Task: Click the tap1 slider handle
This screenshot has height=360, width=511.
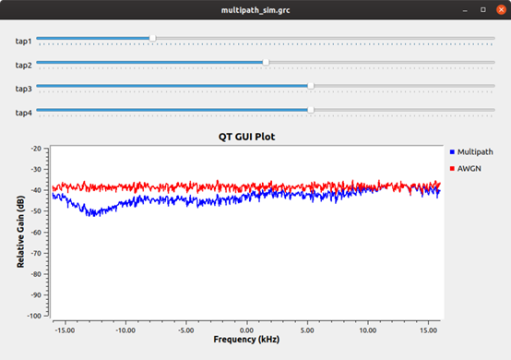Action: point(152,39)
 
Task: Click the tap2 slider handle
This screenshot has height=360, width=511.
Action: point(266,62)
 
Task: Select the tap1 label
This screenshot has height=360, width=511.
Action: point(23,42)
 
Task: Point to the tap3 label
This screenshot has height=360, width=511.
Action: point(23,89)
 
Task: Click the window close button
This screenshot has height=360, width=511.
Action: point(500,8)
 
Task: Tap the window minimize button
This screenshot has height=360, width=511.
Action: point(466,8)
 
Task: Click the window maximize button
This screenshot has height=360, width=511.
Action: point(482,8)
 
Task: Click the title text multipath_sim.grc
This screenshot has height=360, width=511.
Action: point(255,8)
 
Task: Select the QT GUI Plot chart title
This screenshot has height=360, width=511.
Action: point(246,136)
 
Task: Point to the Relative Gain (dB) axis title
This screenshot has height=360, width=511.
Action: point(19,231)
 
